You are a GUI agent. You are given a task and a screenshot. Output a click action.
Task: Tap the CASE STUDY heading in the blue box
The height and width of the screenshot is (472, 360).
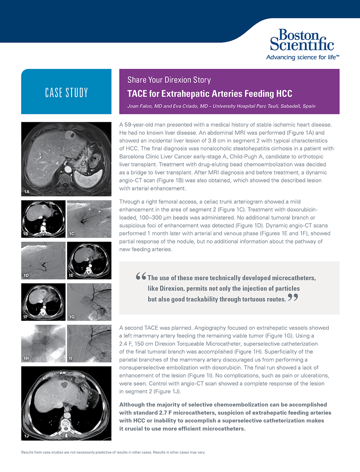66,93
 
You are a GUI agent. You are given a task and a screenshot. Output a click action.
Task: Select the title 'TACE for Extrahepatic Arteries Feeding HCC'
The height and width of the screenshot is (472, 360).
210,94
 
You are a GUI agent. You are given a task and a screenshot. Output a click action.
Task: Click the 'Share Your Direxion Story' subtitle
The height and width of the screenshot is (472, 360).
169,80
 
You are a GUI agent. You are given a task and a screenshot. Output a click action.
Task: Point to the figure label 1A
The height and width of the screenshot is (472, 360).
27,192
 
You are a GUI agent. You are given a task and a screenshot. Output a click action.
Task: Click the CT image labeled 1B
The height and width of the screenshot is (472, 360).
43,219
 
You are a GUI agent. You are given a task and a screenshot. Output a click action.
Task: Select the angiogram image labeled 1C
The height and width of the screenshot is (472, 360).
89,219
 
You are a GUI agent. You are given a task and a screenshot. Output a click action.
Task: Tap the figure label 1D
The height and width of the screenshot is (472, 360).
26,275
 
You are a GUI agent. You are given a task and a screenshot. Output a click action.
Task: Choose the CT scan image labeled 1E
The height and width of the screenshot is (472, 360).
89,260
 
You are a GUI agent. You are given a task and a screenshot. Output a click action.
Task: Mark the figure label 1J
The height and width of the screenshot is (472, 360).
27,436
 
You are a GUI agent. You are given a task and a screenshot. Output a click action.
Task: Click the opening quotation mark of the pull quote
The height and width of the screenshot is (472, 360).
141,276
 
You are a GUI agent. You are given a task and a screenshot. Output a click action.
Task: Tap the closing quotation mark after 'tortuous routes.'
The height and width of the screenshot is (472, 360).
293,298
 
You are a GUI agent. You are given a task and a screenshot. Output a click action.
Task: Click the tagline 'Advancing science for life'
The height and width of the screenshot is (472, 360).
302,57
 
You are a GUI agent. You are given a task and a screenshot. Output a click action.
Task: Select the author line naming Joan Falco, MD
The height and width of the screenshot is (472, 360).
221,106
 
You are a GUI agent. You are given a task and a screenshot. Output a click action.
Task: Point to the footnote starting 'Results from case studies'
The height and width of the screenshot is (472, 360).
113,452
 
